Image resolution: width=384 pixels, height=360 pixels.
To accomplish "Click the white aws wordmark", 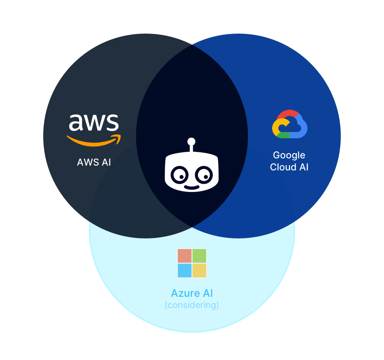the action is pos(94,122).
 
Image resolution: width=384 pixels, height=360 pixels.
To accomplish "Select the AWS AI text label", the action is pos(94,162).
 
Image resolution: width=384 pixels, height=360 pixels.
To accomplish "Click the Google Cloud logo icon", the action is pos(290,124).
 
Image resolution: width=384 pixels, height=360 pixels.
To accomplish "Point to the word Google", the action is pos(289,155).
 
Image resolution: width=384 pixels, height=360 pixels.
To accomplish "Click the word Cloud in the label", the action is pos(283,167).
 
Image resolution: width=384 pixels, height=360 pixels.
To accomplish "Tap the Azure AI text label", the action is pos(192,293).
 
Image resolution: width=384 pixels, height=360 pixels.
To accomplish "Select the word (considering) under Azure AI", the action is pos(192,305).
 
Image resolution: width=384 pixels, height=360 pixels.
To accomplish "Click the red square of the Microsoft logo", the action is pos(185,256).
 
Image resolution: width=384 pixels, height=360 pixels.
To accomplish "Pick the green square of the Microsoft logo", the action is pos(199,256).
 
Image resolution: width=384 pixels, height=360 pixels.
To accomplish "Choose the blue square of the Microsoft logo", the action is pos(185,270).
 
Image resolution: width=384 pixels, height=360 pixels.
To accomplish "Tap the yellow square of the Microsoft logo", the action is pos(199,270).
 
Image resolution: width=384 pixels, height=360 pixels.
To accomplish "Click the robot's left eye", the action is pos(179,175).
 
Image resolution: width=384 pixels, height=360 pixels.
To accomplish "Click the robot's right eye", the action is pos(204,175).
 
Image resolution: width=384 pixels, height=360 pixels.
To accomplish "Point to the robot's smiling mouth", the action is pos(192,187).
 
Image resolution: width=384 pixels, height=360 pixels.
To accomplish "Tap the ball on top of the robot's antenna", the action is pos(191,142).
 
